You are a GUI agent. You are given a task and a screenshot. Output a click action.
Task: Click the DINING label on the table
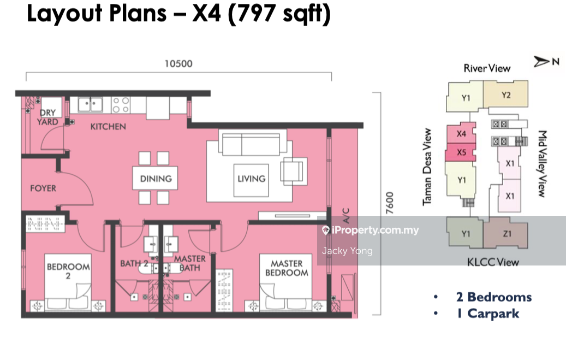(156, 179)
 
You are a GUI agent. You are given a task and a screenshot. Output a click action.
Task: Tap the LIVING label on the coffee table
(252, 179)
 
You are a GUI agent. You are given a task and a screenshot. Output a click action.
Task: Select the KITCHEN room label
(108, 127)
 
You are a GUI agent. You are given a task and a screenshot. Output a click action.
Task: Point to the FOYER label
(43, 188)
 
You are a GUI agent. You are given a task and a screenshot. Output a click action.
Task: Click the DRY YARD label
(47, 117)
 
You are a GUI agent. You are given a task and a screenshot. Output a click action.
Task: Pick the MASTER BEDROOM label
(287, 268)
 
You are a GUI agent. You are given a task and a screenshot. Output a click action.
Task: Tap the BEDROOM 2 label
(68, 271)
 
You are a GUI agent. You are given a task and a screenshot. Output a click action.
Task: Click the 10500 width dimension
(178, 64)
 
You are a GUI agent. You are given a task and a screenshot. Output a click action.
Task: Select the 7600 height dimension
(390, 203)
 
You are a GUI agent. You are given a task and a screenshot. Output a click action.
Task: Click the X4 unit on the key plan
(461, 134)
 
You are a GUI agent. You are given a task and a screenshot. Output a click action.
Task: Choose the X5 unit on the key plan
(461, 152)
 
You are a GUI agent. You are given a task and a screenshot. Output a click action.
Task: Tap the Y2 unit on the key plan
(506, 95)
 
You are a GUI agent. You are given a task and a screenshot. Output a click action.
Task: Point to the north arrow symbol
(541, 61)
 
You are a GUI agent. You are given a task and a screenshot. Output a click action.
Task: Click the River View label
(487, 68)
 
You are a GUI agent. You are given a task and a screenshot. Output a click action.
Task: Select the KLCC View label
(493, 262)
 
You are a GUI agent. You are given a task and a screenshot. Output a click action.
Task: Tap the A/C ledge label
(345, 215)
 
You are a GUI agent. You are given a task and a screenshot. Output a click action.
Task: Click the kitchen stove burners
(121, 105)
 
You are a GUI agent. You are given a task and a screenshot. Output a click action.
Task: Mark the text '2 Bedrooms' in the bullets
(494, 297)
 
